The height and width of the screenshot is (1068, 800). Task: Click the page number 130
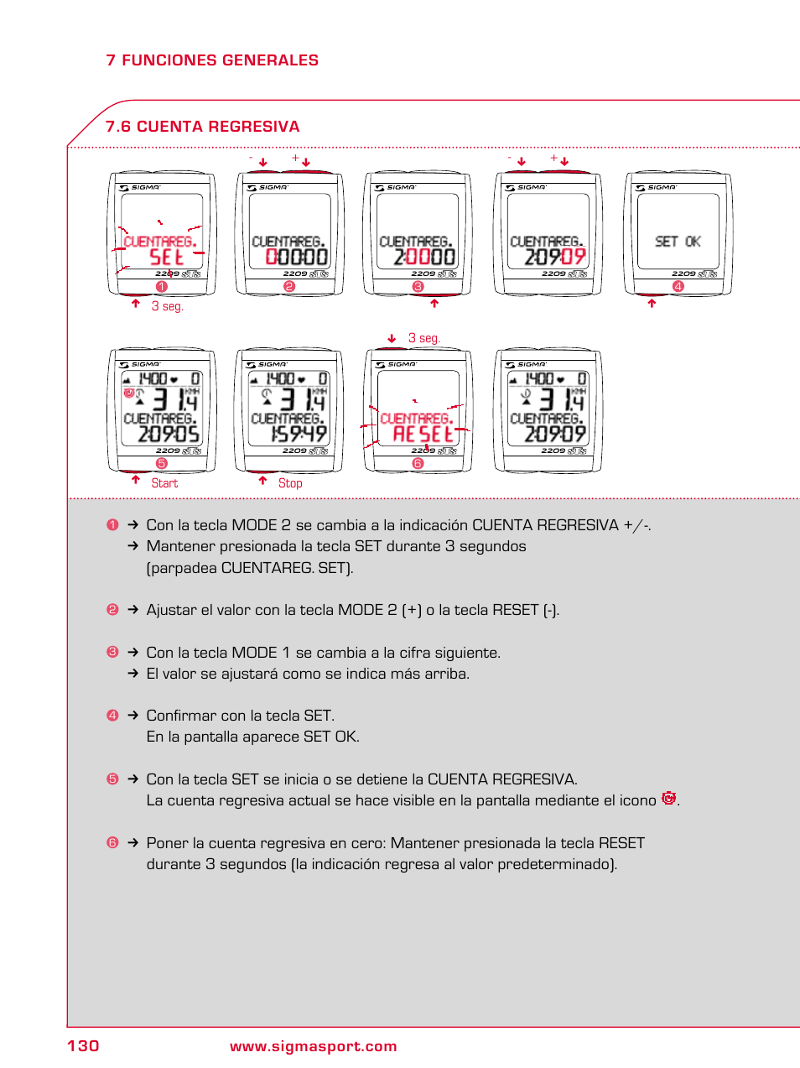click(83, 1045)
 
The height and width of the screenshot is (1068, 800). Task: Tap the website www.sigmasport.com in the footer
click(313, 1046)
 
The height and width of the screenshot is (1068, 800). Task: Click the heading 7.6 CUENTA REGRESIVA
click(202, 127)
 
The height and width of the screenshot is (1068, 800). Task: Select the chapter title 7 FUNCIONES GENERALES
click(212, 60)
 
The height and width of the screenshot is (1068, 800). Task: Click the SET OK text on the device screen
click(678, 242)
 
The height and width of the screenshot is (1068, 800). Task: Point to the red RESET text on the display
click(423, 434)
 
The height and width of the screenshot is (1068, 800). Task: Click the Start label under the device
click(164, 483)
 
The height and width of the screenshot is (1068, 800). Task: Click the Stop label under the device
click(290, 483)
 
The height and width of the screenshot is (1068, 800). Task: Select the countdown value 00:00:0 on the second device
click(296, 257)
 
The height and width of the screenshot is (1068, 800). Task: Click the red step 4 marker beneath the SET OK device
click(678, 286)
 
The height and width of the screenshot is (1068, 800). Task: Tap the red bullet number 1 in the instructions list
click(112, 525)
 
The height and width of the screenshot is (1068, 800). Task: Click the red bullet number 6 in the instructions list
click(112, 842)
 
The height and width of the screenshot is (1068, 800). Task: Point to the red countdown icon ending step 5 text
click(668, 799)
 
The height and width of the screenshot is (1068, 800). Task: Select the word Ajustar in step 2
click(172, 610)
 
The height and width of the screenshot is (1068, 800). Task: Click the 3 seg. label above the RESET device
click(423, 338)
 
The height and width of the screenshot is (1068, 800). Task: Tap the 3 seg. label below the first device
click(167, 306)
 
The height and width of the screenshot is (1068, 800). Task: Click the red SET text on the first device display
click(166, 257)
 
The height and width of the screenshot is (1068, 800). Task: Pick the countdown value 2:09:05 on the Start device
click(169, 434)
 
